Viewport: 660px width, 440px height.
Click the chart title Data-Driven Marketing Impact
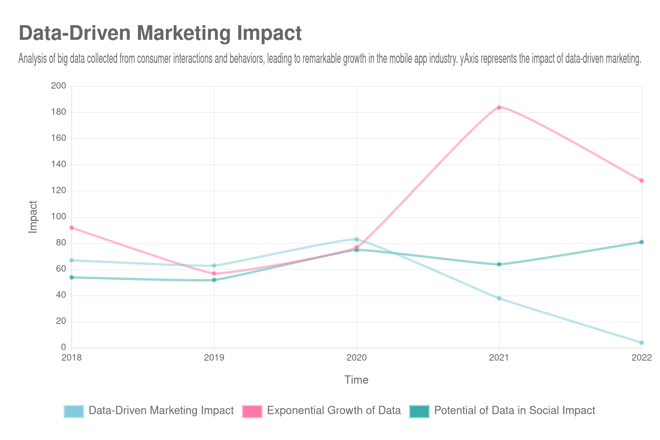click(160, 33)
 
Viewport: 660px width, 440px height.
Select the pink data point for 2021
click(499, 107)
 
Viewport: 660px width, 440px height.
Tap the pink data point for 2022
click(642, 181)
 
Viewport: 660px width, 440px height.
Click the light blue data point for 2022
click(642, 343)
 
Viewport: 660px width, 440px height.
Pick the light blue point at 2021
click(499, 298)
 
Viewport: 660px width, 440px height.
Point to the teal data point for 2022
click(642, 242)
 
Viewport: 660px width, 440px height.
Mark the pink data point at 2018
click(71, 228)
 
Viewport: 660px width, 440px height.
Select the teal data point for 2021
click(499, 264)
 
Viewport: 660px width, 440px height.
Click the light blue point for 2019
click(214, 266)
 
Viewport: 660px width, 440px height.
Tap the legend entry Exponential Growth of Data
click(334, 411)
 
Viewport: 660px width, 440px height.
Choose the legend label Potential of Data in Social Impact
click(514, 411)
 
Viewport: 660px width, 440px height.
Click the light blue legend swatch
click(74, 411)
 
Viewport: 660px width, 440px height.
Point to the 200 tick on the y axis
click(59, 86)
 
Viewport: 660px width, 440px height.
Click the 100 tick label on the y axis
click(59, 216)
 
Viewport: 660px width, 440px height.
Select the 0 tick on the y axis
click(63, 347)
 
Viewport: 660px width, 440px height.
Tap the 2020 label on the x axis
click(357, 357)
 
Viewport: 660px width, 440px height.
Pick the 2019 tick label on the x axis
click(214, 357)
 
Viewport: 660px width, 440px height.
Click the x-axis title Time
click(356, 380)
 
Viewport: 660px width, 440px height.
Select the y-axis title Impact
click(33, 217)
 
